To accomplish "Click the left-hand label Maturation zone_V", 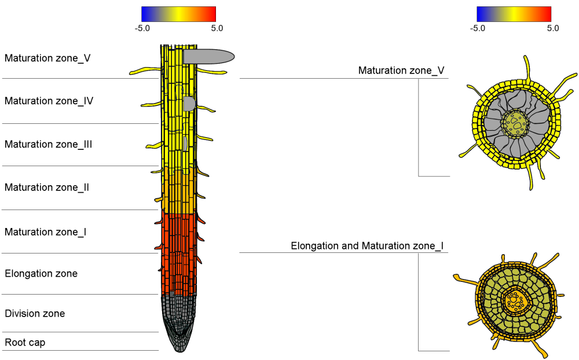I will click(x=47, y=58).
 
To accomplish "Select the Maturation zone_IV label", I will click(x=49, y=101).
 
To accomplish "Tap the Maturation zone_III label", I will click(x=49, y=144).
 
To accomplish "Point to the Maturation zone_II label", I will click(x=47, y=188).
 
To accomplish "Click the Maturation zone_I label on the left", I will click(x=46, y=232).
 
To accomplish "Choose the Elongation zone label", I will click(x=41, y=273).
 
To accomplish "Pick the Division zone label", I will click(x=35, y=314).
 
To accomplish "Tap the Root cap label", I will click(x=25, y=343).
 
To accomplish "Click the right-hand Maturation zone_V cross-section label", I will click(x=401, y=71).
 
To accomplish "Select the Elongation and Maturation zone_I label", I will click(x=367, y=246).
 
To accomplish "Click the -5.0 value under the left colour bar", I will click(x=142, y=28).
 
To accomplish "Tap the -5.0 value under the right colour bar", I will click(x=478, y=28).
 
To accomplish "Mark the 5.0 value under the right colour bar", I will click(x=553, y=28).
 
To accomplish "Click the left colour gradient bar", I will click(x=178, y=14).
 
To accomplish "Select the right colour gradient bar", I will click(x=514, y=14).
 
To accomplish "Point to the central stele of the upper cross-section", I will click(x=515, y=122).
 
